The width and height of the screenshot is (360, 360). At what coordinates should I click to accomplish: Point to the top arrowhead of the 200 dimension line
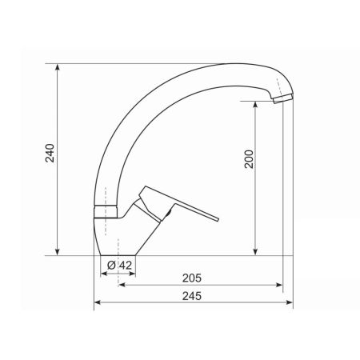pyautogui.click(x=255, y=104)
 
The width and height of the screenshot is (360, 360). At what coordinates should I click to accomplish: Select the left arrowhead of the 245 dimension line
pyautogui.click(x=98, y=303)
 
